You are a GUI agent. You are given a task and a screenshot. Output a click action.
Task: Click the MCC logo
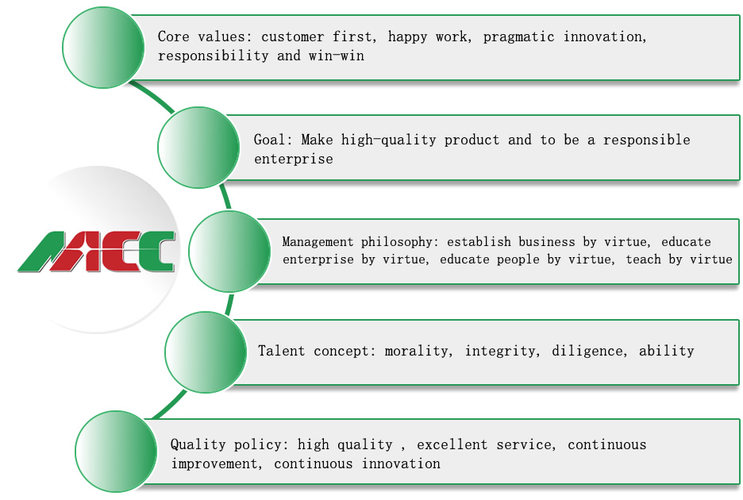click(97, 251)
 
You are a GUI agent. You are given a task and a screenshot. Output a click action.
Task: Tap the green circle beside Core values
click(103, 48)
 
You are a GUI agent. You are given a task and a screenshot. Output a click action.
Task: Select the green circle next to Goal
click(198, 148)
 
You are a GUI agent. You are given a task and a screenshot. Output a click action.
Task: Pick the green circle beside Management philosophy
click(230, 251)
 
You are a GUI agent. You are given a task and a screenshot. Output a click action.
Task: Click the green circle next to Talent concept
click(206, 352)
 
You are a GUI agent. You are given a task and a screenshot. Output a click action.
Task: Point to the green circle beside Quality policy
click(116, 451)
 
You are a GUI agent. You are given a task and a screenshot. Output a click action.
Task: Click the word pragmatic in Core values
click(518, 37)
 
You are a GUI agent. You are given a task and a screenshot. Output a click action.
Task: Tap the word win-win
click(337, 56)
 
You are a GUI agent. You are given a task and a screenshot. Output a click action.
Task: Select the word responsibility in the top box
click(214, 56)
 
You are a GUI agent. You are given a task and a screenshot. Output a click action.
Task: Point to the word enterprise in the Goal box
click(294, 160)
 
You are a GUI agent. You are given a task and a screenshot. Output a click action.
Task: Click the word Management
click(318, 242)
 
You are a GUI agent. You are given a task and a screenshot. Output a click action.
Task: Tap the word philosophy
click(397, 242)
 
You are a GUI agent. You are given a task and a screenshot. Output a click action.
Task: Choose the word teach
click(644, 260)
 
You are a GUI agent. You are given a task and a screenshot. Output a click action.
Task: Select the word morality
click(416, 351)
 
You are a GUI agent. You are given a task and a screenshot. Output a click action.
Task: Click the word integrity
click(500, 351)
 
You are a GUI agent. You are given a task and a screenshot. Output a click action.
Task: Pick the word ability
click(666, 351)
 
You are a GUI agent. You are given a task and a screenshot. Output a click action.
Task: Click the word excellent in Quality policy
click(452, 445)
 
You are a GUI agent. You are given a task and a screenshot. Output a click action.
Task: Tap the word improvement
click(214, 464)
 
